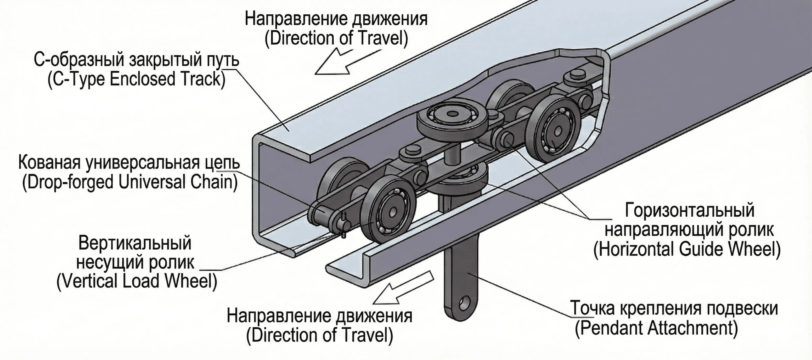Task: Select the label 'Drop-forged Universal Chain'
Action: point(129,182)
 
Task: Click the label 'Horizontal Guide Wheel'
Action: point(686,250)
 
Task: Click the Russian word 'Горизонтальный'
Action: point(689,210)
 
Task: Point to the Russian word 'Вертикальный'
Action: point(135,243)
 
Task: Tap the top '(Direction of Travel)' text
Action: point(336,38)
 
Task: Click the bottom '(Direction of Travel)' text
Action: point(319,335)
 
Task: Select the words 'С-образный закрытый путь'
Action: point(136,60)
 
